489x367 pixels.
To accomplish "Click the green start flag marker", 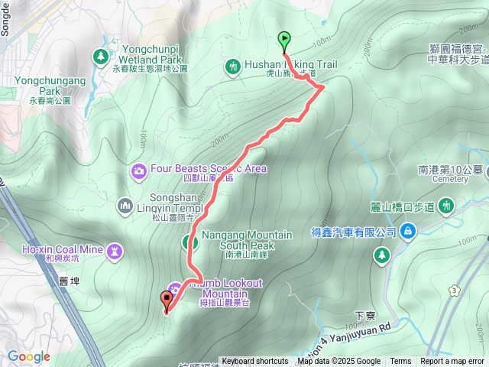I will click(283, 38).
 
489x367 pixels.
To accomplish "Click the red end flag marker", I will click(166, 300).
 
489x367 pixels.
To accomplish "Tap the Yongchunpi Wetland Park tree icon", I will click(101, 57).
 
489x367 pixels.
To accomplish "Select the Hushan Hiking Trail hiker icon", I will click(233, 66).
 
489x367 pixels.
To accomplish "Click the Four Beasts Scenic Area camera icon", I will click(138, 169).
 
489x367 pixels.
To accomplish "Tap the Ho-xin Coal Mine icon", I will click(115, 249).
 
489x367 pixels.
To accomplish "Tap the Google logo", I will click(28, 356).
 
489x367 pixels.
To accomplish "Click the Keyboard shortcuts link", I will click(255, 362).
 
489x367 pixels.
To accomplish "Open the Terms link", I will click(400, 362).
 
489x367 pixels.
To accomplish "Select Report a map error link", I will click(452, 362).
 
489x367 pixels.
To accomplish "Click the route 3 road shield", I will click(456, 291).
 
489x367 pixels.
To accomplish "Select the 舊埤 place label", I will click(68, 281).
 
